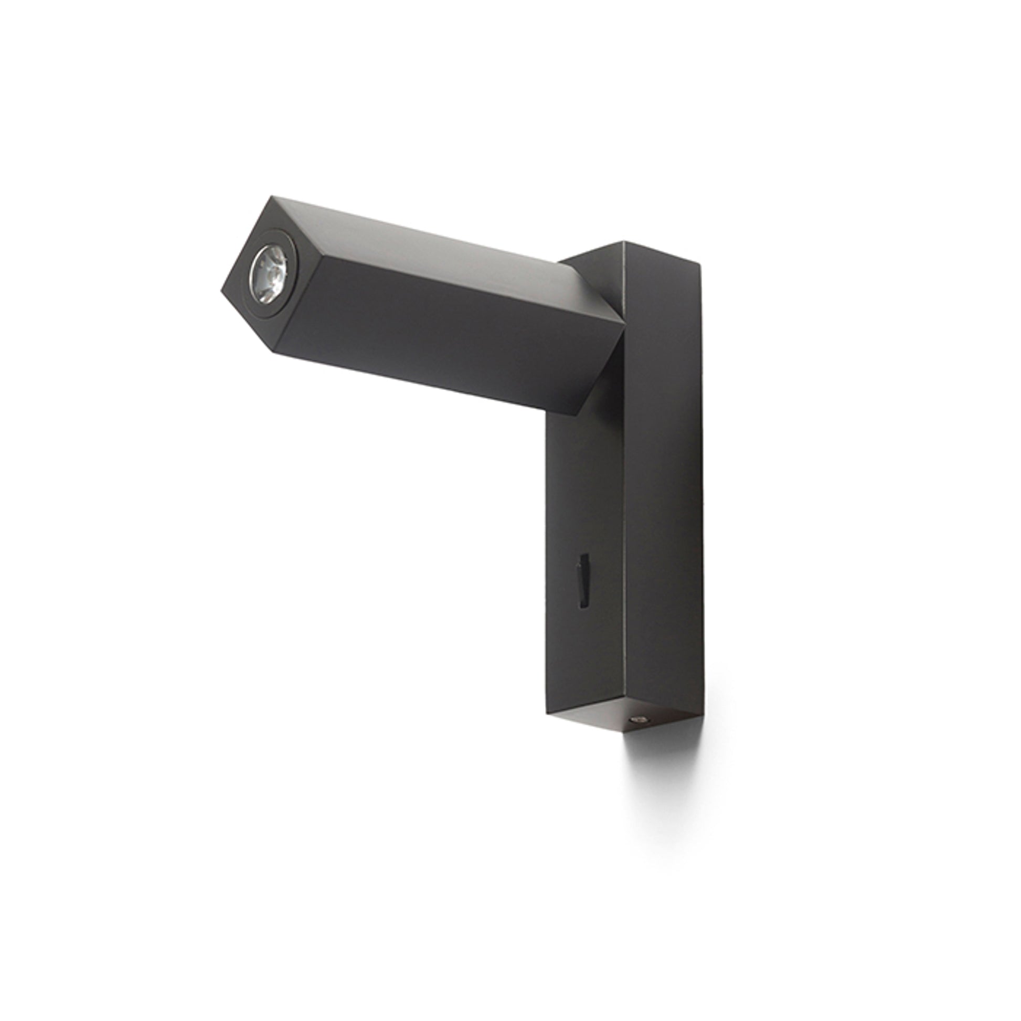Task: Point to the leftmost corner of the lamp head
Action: pos(221,290)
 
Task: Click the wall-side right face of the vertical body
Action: pos(663,476)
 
